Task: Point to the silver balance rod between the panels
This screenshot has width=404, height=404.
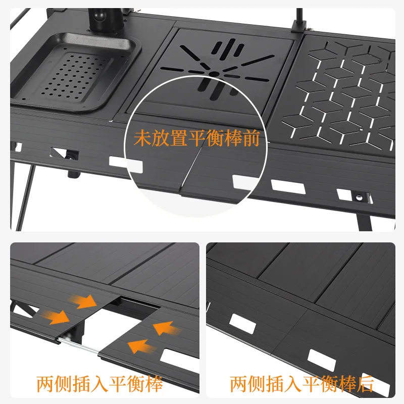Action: [81, 348]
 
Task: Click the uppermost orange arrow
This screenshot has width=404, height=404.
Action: [86, 301]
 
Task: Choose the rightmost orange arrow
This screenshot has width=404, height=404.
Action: [167, 328]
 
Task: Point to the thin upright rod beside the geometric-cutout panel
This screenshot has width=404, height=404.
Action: [299, 20]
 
